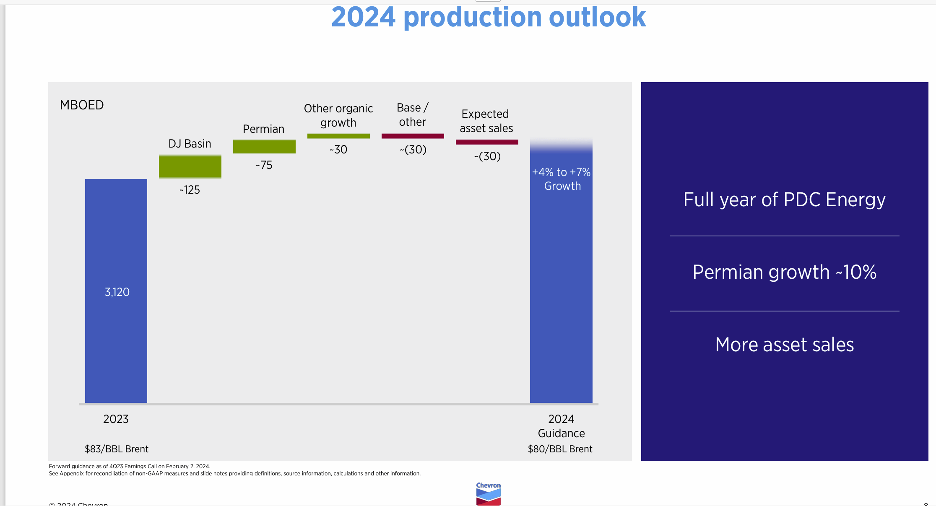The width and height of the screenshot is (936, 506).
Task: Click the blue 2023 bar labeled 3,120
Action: click(x=116, y=291)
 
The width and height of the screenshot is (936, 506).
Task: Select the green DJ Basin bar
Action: click(x=190, y=166)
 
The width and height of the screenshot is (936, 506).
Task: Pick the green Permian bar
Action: click(x=264, y=147)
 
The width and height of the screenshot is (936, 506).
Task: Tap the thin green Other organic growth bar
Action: click(x=338, y=136)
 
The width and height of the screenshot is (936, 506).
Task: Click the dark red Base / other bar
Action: click(x=413, y=136)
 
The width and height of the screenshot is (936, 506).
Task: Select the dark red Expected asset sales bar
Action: click(x=487, y=142)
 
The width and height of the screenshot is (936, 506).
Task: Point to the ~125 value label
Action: click(x=190, y=190)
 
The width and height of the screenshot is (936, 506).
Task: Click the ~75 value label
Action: click(x=264, y=165)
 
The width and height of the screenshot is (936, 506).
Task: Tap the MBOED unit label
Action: click(x=82, y=105)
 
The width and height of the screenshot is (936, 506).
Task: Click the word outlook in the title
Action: click(x=597, y=18)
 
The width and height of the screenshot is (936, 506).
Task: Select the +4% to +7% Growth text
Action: click(x=562, y=179)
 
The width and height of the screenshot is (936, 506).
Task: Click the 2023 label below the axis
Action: click(x=116, y=419)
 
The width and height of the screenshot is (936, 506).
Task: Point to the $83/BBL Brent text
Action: click(x=117, y=449)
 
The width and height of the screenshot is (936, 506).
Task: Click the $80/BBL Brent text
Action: click(x=560, y=449)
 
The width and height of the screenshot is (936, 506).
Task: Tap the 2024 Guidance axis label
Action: click(x=561, y=426)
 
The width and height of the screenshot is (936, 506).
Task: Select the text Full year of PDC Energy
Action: click(x=784, y=200)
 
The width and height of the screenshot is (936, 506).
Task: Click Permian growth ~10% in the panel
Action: click(x=784, y=272)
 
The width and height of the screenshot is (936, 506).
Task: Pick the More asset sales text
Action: click(x=784, y=345)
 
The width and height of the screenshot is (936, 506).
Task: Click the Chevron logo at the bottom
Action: click(x=488, y=494)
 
